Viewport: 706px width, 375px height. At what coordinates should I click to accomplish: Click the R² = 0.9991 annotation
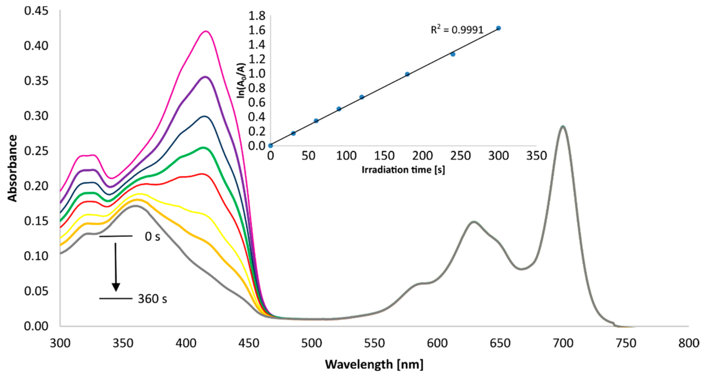point(457,30)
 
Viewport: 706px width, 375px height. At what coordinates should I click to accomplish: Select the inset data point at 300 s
point(499,28)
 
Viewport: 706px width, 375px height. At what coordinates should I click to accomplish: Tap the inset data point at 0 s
point(270,145)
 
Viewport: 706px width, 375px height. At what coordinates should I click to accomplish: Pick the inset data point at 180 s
point(407,74)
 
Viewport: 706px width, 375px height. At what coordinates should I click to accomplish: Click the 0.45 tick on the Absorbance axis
point(36,11)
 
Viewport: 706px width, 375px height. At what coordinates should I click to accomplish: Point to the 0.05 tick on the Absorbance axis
point(36,291)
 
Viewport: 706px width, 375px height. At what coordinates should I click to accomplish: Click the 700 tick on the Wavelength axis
point(563,343)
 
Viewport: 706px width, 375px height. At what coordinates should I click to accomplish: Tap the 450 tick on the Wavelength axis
point(249,343)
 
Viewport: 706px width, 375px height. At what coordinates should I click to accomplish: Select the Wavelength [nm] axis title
point(374,365)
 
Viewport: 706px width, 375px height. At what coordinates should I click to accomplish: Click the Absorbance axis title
point(12,168)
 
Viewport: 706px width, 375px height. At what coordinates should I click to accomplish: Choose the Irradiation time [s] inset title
point(403,170)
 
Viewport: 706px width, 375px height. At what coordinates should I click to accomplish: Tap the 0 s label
point(152,237)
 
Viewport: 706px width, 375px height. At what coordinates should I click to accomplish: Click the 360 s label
point(152,299)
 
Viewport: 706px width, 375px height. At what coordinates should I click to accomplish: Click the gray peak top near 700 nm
point(563,126)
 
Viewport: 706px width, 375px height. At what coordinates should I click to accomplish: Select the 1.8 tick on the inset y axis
point(257,16)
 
